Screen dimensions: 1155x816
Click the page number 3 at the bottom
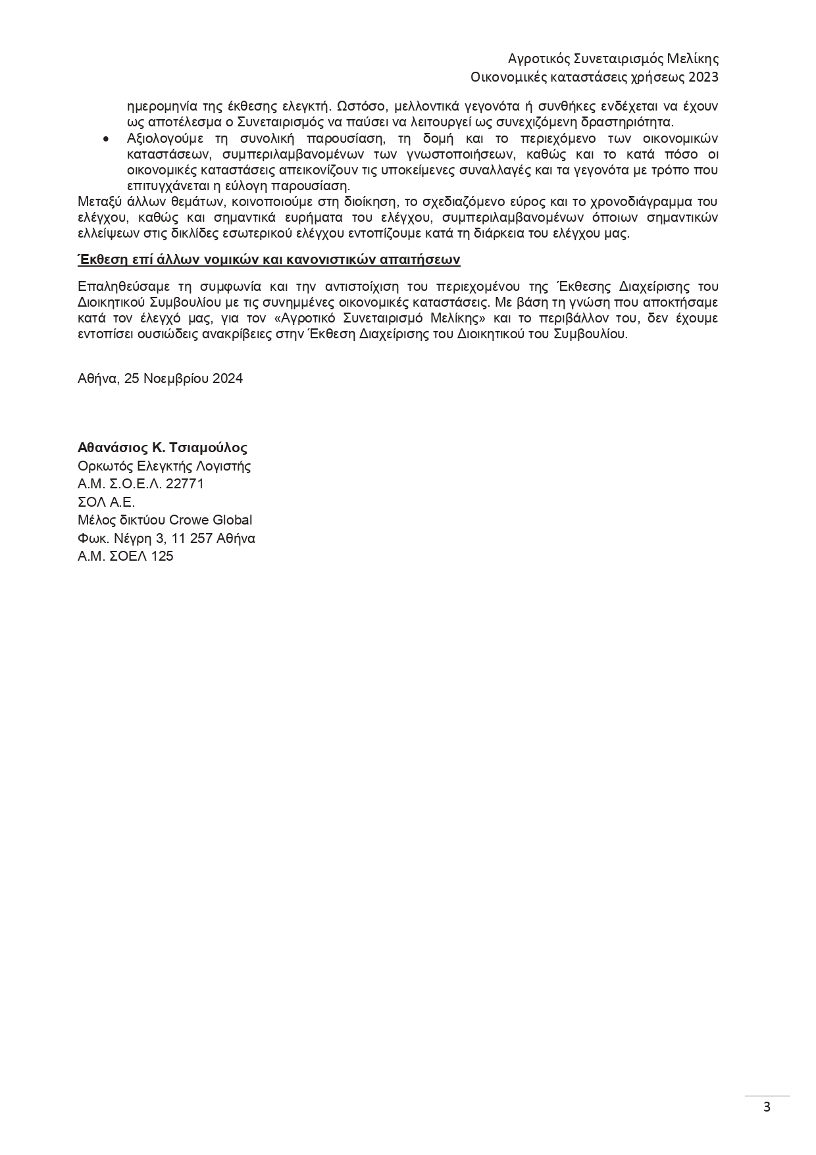pyautogui.click(x=767, y=1106)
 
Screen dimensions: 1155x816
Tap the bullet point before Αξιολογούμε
pyautogui.click(x=106, y=139)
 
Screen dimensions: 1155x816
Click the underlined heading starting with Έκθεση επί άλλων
pyautogui.click(x=268, y=259)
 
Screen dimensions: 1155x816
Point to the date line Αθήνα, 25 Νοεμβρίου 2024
pyautogui.click(x=160, y=378)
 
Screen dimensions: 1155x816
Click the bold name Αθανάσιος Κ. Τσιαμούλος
pyautogui.click(x=163, y=448)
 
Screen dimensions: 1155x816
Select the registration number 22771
pyautogui.click(x=185, y=484)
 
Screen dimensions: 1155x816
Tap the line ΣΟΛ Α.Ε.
pyautogui.click(x=106, y=502)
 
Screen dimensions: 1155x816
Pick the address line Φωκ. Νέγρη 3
pyautogui.click(x=166, y=538)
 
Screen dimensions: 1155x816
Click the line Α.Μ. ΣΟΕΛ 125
pyautogui.click(x=125, y=556)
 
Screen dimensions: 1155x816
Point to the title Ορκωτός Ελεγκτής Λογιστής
pyautogui.click(x=164, y=466)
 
